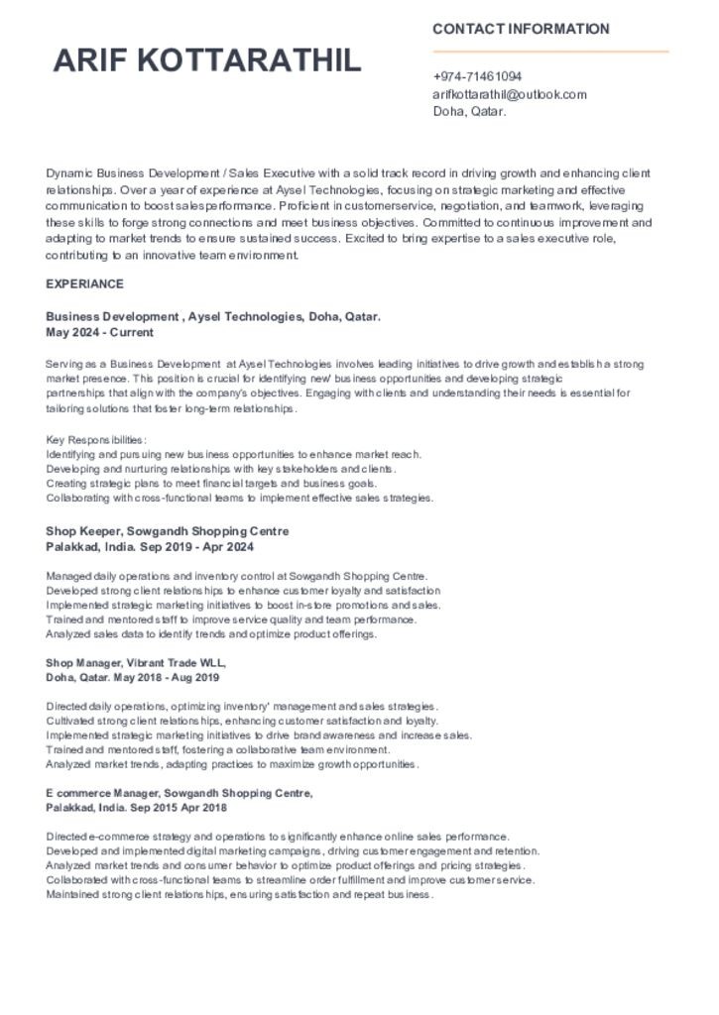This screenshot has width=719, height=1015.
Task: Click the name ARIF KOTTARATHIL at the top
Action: (x=207, y=61)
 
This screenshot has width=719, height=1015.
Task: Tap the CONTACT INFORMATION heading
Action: (x=521, y=30)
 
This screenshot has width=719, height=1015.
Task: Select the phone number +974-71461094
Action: (x=477, y=76)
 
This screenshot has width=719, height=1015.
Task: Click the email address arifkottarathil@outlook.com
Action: (x=509, y=94)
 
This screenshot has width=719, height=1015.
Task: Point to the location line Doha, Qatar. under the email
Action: (x=469, y=111)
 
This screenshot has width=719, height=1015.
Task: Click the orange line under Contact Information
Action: (x=550, y=52)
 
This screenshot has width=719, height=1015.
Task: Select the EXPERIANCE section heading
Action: (x=84, y=284)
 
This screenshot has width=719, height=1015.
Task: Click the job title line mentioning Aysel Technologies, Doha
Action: (x=213, y=317)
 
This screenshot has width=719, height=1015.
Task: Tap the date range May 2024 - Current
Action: (x=99, y=332)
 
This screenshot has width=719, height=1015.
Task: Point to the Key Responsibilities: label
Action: (x=96, y=439)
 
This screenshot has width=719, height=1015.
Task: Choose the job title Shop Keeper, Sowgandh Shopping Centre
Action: (x=167, y=531)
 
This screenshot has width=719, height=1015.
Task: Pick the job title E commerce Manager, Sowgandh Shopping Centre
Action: (x=180, y=793)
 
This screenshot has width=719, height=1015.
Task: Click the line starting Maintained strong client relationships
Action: (x=239, y=895)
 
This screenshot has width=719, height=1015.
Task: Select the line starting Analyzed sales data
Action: (x=211, y=634)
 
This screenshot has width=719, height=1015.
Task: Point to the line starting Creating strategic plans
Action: (x=211, y=484)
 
